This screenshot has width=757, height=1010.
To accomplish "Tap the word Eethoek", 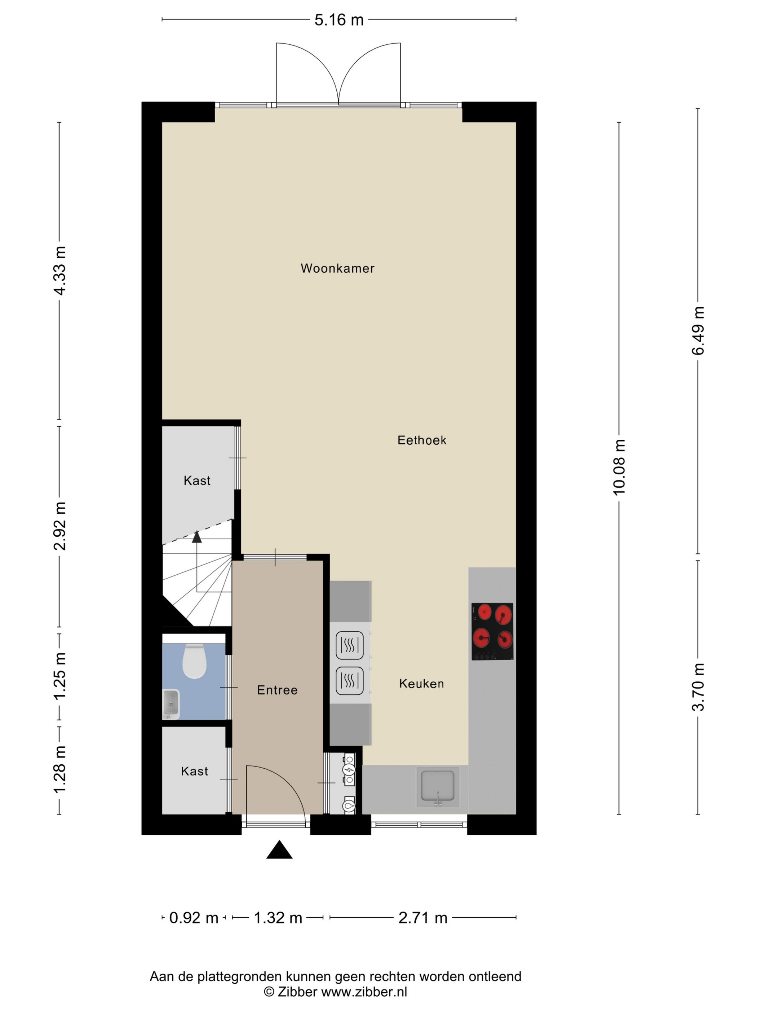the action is click(422, 440).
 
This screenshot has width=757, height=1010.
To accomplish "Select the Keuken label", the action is click(421, 684).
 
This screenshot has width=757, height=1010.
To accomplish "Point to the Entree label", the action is click(277, 690).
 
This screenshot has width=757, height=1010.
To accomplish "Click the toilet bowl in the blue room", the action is click(194, 661).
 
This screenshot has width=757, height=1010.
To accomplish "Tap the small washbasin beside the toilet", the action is click(171, 704).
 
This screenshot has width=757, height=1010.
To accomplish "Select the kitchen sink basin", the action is click(438, 786).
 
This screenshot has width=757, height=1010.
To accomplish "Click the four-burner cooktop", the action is click(492, 632).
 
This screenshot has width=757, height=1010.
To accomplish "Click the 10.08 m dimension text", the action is click(619, 467).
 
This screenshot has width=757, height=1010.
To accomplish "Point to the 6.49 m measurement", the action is click(698, 330).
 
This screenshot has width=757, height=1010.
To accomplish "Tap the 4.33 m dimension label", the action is click(60, 270).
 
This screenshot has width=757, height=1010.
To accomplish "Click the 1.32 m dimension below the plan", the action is click(278, 918).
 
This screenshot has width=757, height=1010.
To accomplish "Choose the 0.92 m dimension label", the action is click(194, 918).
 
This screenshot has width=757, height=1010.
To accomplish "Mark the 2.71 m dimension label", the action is click(423, 918).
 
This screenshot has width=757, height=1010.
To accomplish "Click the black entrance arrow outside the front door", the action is click(279, 850).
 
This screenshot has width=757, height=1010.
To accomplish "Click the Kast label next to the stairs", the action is click(197, 480).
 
